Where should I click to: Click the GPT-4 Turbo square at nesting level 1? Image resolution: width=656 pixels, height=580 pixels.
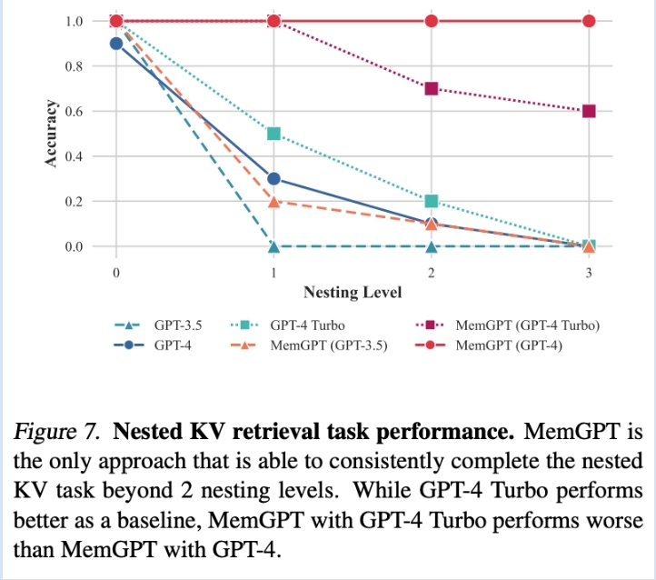[273, 135]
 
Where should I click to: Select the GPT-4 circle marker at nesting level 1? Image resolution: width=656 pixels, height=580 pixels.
[273, 179]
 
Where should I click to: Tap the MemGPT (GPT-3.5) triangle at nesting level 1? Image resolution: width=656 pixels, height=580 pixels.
[273, 202]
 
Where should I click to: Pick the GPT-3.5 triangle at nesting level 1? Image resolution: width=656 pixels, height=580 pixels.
[273, 246]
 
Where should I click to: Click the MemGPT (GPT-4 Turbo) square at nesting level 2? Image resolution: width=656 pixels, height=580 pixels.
[432, 89]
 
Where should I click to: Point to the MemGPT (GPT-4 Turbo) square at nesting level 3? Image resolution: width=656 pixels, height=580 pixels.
[589, 111]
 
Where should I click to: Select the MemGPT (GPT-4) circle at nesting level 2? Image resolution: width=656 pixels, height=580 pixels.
[432, 21]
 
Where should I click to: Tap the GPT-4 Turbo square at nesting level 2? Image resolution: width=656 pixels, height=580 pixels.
[432, 201]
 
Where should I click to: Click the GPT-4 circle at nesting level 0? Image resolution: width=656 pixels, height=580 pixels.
[116, 43]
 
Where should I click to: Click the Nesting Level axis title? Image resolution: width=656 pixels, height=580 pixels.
[352, 292]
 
